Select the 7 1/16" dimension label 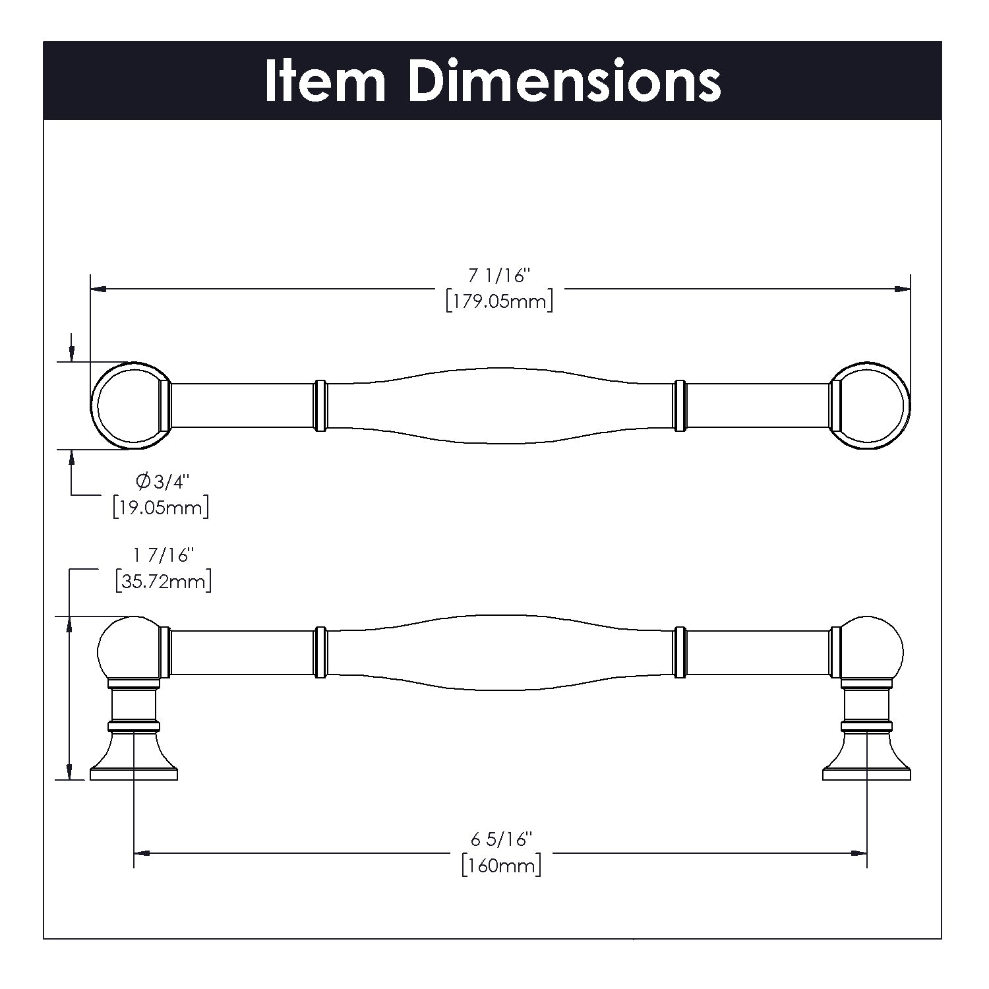499,276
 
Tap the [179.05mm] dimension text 499,302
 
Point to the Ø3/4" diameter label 162,482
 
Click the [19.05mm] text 161,508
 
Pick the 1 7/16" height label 163,556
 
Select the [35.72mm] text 163,582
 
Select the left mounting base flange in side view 134,765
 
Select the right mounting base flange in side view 866,765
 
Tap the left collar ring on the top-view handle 320,405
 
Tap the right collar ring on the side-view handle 680,653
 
